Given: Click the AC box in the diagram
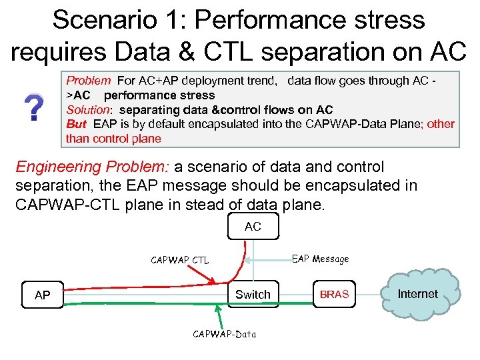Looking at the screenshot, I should tap(253, 227).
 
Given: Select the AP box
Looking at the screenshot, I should tap(42, 295).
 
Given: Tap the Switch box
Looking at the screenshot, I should tap(253, 294).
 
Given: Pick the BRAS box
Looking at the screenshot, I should tap(334, 294).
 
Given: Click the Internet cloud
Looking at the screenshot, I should tap(418, 294).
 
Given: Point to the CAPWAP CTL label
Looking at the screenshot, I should tap(179, 260).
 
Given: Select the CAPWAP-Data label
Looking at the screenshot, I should tap(224, 333).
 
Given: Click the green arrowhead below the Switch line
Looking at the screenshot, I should tap(217, 309).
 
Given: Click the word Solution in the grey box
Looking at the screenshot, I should tap(86, 109).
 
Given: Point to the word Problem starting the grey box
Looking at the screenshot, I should tap(88, 81).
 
